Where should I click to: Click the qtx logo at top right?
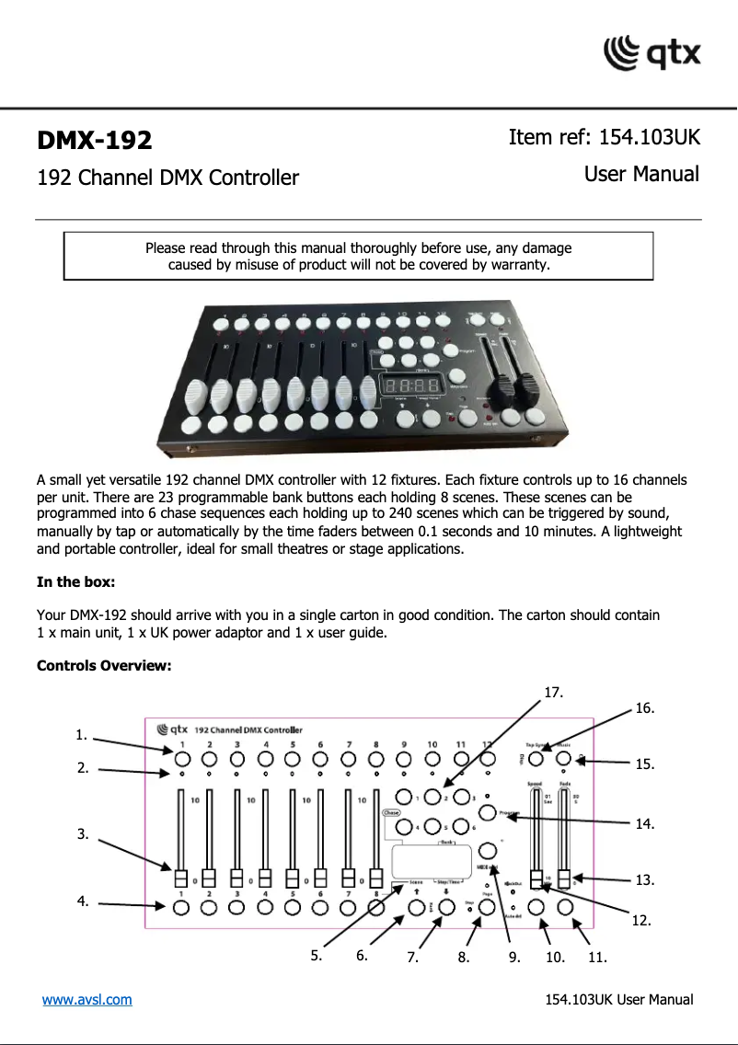click(652, 52)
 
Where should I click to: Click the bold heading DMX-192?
click(94, 141)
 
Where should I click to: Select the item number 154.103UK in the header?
click(649, 138)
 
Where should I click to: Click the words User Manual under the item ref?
click(641, 174)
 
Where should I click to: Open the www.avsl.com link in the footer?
click(86, 999)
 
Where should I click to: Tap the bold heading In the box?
click(75, 582)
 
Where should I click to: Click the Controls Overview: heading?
click(103, 665)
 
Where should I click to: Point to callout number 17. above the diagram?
click(553, 691)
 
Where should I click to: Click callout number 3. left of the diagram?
click(83, 834)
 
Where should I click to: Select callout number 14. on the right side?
click(645, 824)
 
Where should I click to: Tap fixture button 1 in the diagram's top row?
click(181, 759)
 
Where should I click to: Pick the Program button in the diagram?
click(488, 813)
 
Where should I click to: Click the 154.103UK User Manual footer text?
click(618, 1000)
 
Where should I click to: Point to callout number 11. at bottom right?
click(597, 958)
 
